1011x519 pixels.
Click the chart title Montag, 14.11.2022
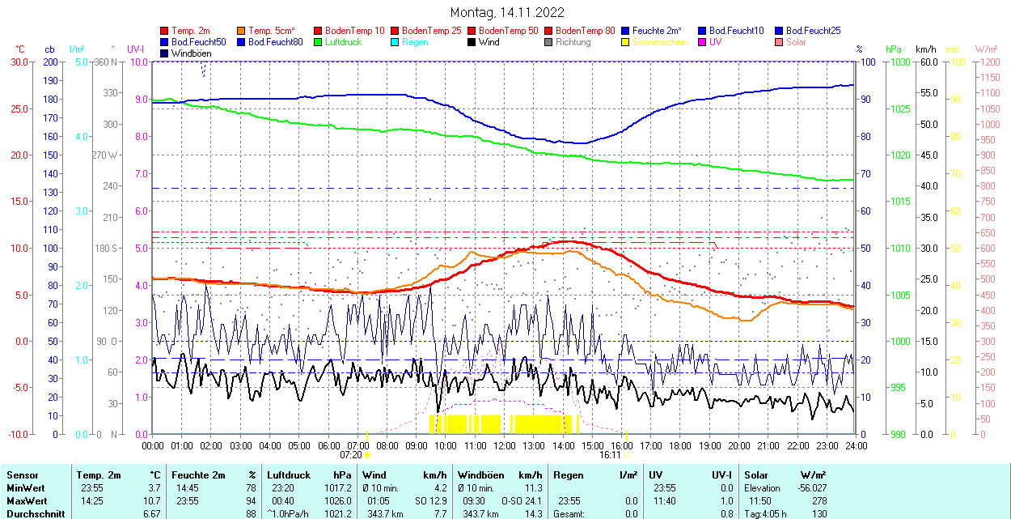coord(507,12)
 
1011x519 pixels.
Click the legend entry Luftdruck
coord(342,42)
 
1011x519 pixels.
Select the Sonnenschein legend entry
coord(660,42)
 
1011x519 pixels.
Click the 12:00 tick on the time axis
coord(505,446)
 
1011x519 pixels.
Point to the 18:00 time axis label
coord(680,446)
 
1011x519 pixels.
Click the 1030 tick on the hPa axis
coord(899,62)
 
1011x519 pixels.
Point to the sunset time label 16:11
coord(610,455)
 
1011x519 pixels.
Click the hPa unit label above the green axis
coord(894,49)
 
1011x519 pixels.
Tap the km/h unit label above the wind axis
coord(926,49)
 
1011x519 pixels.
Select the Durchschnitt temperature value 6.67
coord(152,514)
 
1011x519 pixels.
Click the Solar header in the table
coord(756,475)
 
